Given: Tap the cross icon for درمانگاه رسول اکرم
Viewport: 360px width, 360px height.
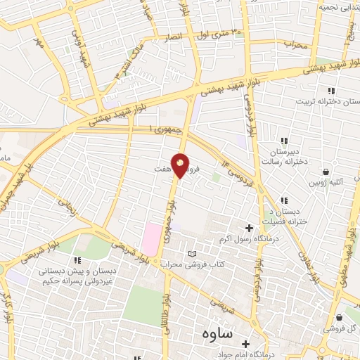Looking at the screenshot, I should click(x=250, y=228).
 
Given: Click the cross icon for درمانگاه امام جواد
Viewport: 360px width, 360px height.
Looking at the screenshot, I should click(x=245, y=344).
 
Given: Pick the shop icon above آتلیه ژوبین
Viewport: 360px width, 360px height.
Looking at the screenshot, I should click(x=326, y=172).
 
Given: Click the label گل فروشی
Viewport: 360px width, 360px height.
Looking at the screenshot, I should click(x=339, y=328).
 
